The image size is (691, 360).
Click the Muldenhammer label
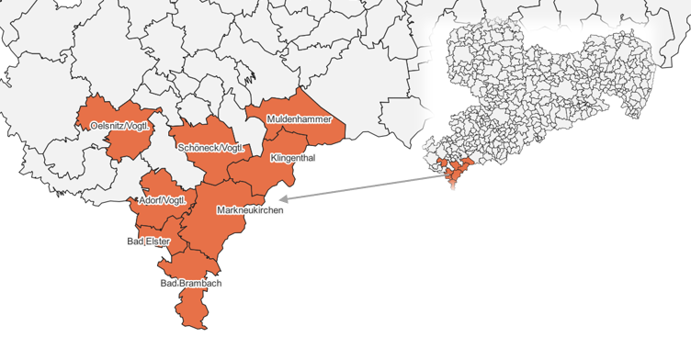pos(298,119)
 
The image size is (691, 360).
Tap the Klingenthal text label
pos(293,158)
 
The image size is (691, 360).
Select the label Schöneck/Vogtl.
pos(211,148)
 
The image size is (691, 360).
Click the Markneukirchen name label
pos(250,210)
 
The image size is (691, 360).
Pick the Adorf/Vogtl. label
pos(163,200)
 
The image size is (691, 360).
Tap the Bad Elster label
pos(148,242)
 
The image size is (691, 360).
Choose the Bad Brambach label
pos(191,284)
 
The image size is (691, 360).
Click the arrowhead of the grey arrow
pos(284,197)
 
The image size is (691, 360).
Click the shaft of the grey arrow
pos(368,184)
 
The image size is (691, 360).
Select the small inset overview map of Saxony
pos(551,92)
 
